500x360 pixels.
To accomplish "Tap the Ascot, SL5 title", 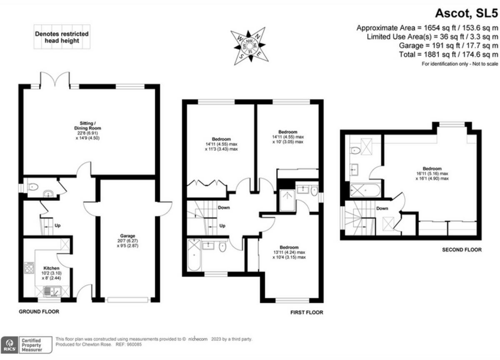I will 466,13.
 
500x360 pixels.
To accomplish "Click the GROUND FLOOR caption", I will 39,312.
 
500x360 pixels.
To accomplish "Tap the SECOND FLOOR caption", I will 462,250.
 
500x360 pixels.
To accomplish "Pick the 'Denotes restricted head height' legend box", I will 61,37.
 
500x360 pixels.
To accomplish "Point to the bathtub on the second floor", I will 365,190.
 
